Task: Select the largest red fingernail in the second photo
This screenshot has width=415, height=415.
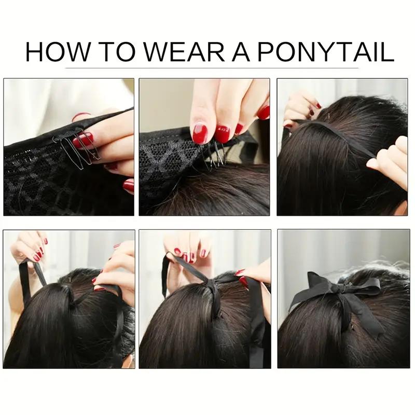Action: (200, 132)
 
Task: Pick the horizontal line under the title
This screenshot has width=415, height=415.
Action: (208, 67)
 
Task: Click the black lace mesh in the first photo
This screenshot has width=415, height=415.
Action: (41, 182)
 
